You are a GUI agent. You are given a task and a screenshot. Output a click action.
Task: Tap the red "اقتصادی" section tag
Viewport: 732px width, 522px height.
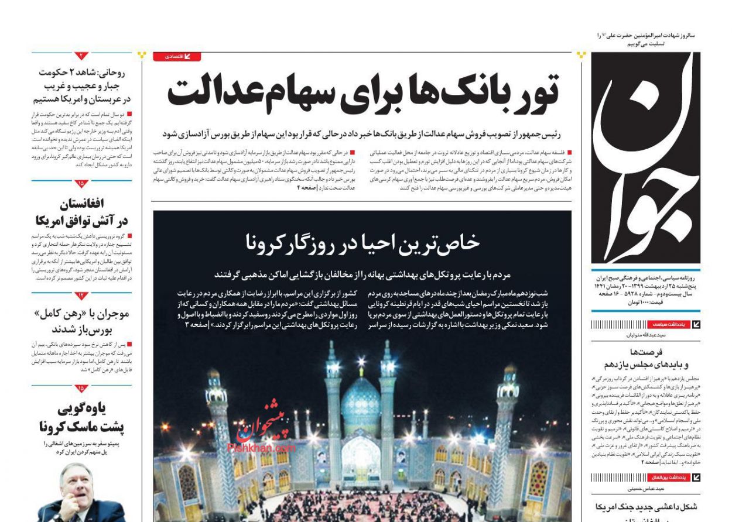(177, 57)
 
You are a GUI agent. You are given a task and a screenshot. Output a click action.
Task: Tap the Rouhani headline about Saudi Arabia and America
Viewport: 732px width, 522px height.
(82, 86)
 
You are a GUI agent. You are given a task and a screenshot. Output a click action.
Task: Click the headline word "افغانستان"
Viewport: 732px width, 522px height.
(81, 204)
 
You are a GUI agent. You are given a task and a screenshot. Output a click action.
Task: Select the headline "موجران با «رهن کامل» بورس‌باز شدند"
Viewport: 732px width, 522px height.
(82, 321)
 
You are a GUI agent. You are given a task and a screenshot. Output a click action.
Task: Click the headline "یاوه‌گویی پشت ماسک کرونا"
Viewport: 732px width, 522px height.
(82, 417)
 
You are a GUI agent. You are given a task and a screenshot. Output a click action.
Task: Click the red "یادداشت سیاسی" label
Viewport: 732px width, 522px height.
(668, 324)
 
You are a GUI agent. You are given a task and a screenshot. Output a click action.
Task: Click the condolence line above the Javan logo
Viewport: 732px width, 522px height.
(644, 39)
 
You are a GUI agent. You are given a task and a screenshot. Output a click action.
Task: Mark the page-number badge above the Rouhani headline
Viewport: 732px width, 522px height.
(81, 56)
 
